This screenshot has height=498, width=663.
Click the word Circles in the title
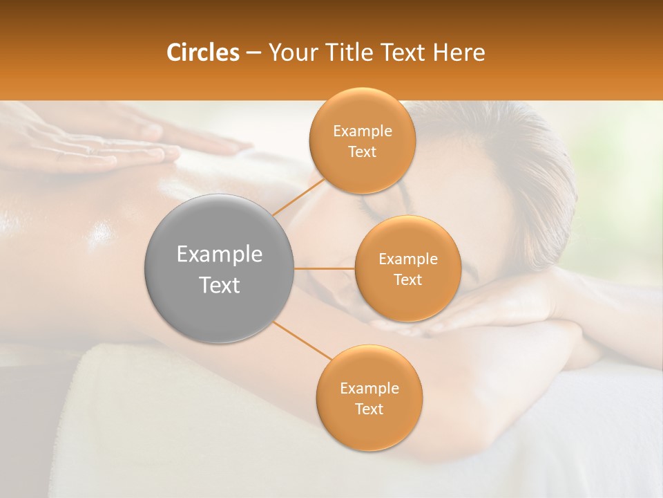[202, 53]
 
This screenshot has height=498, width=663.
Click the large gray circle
[220, 269]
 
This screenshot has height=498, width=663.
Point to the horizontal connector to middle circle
[325, 268]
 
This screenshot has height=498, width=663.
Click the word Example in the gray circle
[220, 255]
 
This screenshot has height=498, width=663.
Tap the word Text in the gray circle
[220, 285]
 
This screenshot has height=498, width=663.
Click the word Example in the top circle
[362, 131]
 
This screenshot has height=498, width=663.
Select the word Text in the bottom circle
[369, 409]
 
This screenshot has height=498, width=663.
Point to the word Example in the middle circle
[407, 259]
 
